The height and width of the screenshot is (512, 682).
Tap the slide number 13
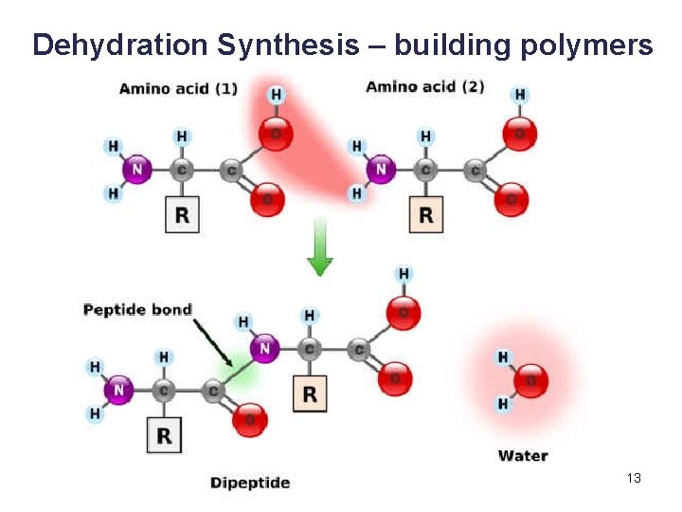(634, 478)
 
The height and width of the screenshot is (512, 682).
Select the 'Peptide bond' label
(137, 309)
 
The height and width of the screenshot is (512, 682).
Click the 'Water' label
(523, 456)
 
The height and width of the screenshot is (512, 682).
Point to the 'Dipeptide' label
(250, 483)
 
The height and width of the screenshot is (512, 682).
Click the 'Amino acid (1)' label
(178, 89)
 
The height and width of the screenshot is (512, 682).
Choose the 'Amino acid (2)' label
(424, 87)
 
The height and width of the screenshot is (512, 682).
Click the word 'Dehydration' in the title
(119, 45)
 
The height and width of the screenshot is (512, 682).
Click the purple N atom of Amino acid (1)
(137, 171)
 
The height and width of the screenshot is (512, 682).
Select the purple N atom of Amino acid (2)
(381, 171)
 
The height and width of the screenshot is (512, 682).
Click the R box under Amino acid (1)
(182, 215)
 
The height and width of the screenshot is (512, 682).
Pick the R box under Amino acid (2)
(425, 215)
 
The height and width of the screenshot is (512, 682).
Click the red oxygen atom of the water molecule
(531, 381)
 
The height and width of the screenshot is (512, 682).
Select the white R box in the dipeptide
(165, 435)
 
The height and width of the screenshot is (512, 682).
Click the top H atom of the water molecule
(502, 357)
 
